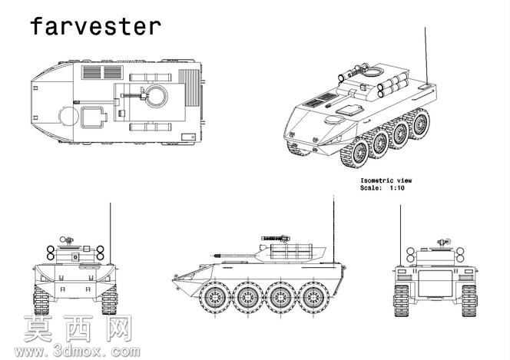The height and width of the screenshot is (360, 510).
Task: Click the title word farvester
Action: (x=95, y=26)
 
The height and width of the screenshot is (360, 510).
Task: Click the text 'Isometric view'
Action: (x=386, y=180)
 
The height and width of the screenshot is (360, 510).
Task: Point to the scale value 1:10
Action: (x=397, y=188)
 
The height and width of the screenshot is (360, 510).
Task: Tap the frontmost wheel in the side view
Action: (x=215, y=297)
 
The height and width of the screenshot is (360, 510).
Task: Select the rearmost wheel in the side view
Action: (x=313, y=297)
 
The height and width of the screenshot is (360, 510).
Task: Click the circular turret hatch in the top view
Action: (x=157, y=96)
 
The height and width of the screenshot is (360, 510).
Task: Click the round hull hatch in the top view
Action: (x=68, y=117)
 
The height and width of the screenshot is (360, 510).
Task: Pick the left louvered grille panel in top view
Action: (x=92, y=72)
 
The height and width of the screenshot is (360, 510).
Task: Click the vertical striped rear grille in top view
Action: (x=189, y=88)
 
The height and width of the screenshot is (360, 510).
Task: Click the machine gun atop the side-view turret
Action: (x=276, y=239)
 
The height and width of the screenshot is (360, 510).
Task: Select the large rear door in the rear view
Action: (x=435, y=283)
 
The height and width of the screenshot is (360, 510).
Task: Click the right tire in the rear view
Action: (x=469, y=301)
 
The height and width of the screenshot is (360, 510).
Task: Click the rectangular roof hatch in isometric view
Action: (x=349, y=109)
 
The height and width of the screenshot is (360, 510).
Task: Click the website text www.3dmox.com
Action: (x=78, y=352)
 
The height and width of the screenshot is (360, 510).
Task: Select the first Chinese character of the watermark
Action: (x=38, y=329)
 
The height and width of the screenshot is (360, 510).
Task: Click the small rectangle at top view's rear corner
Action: (x=188, y=137)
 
